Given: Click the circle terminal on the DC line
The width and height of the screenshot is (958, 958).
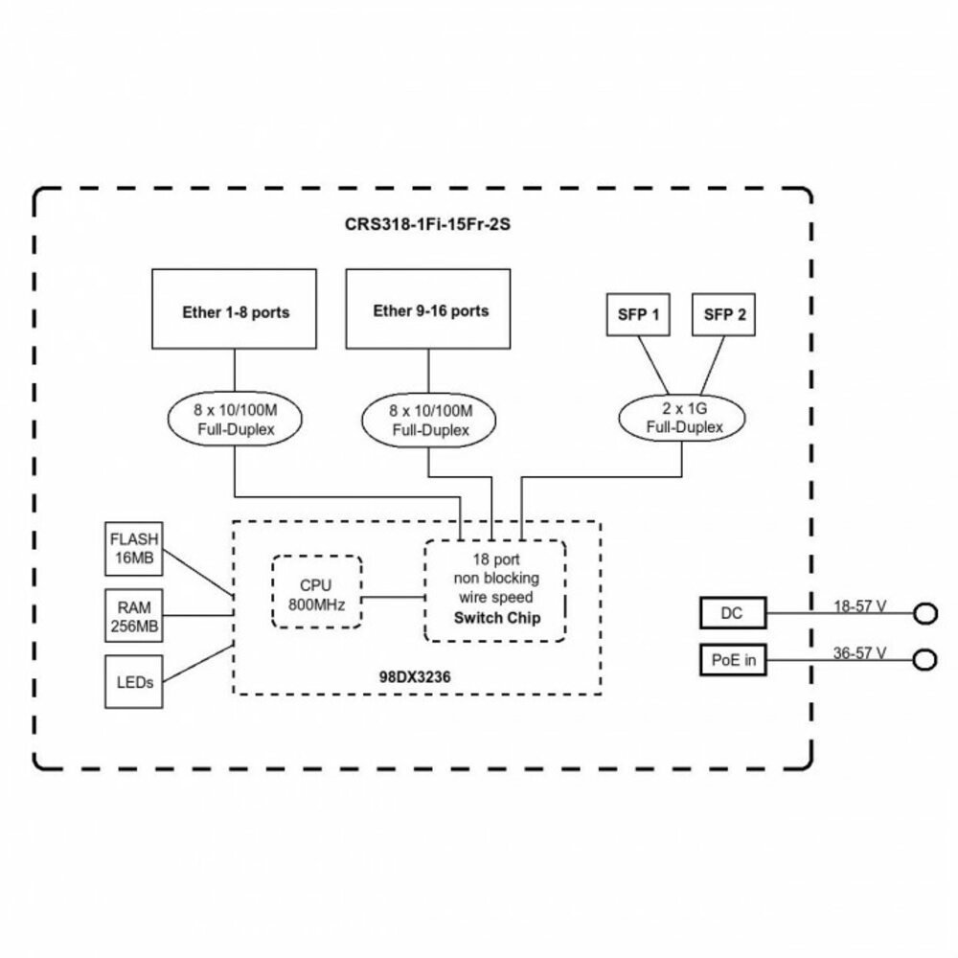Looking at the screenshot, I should pos(924,613).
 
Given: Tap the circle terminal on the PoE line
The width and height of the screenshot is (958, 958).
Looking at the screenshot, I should pos(924,660).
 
